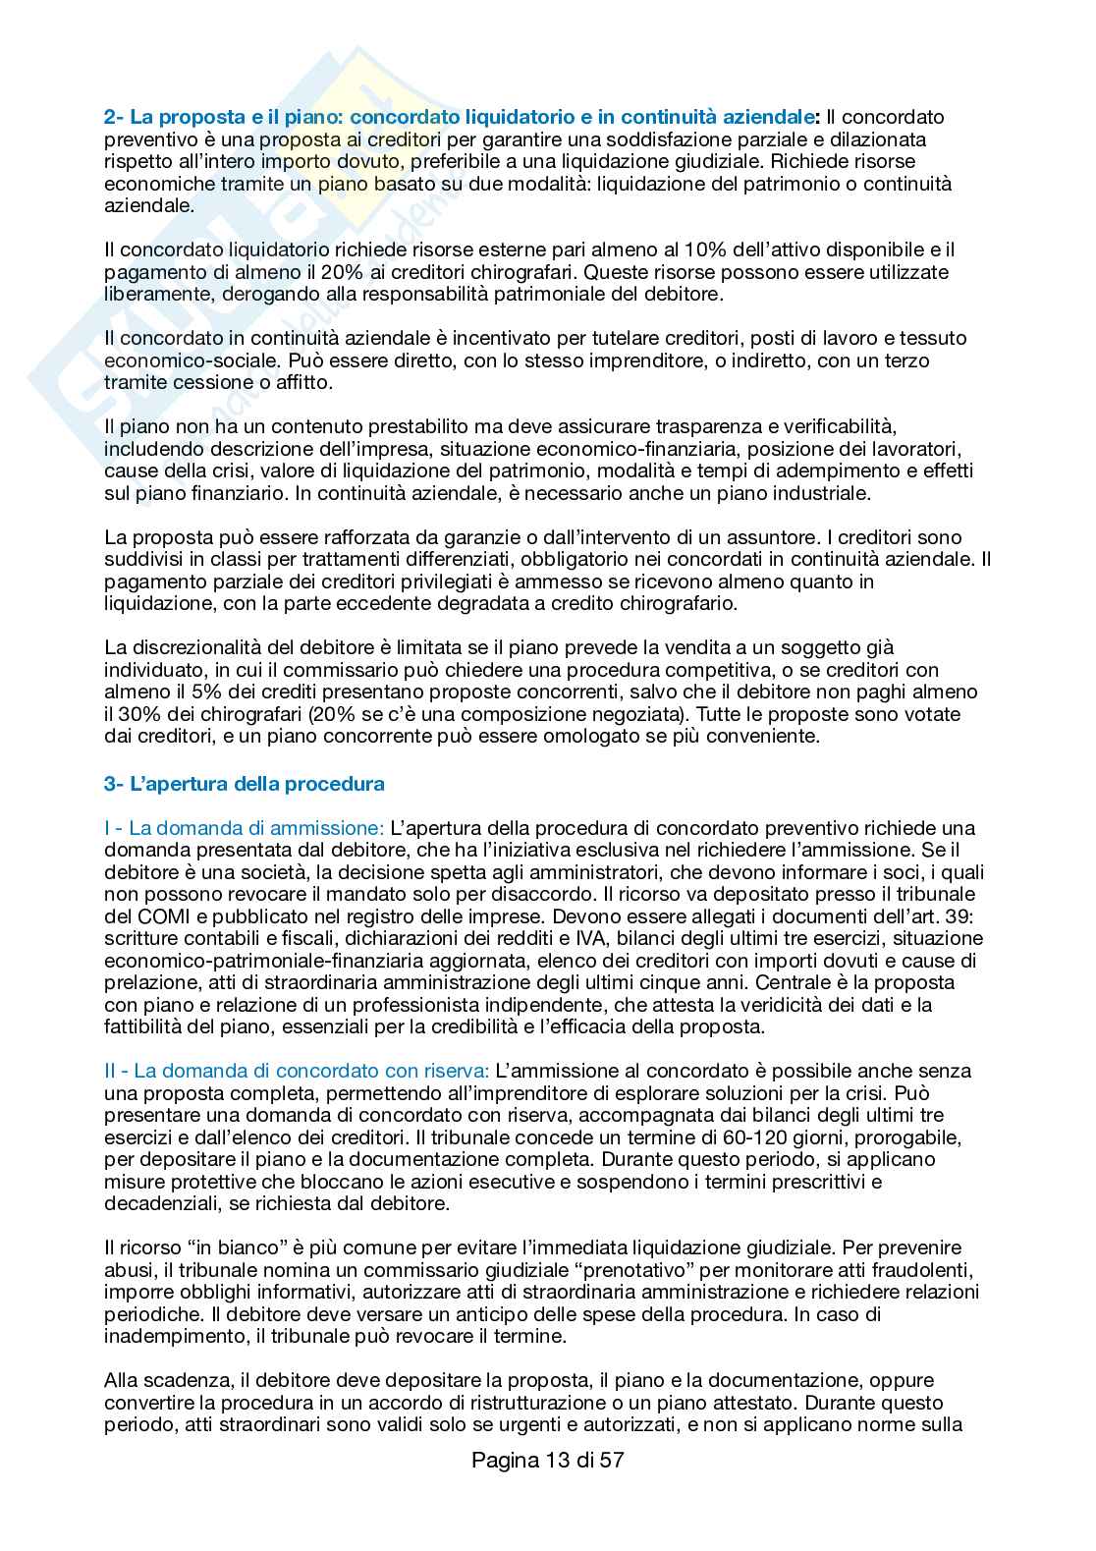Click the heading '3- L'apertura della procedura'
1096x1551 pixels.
[x=245, y=784]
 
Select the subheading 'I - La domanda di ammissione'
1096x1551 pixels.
[x=245, y=827]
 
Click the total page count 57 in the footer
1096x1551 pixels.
[x=612, y=1460]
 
